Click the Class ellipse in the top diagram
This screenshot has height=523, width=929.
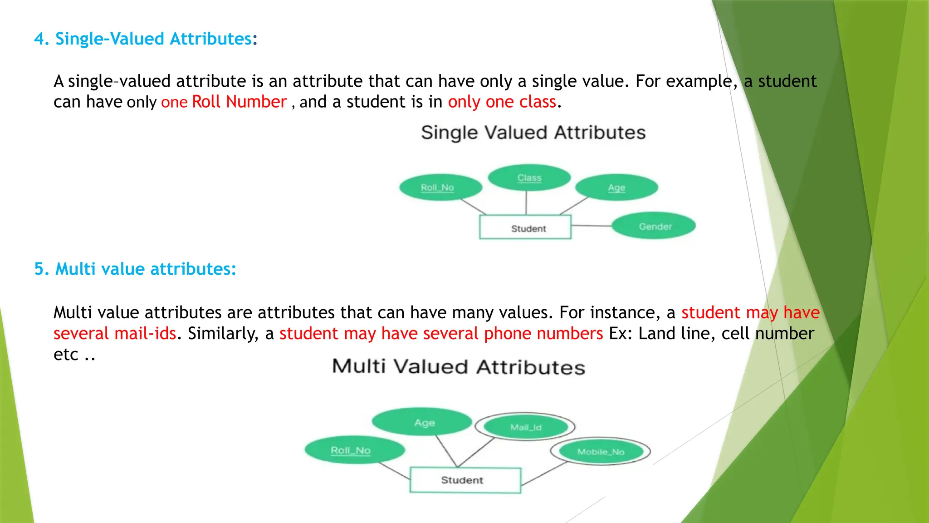point(529,178)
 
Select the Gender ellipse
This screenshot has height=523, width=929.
point(654,226)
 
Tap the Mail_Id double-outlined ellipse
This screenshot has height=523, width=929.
point(525,427)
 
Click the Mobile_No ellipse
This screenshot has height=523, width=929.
point(601,452)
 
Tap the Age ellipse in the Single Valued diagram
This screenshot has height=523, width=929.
point(616,187)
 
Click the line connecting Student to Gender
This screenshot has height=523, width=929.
point(591,226)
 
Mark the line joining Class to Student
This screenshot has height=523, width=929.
point(526,202)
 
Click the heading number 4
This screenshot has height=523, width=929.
point(40,39)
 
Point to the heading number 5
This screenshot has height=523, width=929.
point(40,269)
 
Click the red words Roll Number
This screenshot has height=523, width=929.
point(239,102)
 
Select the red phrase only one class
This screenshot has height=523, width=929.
point(502,102)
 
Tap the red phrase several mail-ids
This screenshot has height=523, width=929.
point(115,334)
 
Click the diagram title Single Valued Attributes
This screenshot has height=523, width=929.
point(533,133)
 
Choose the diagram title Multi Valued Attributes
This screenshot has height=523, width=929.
point(459,367)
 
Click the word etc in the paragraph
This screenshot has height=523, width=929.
point(66,355)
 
